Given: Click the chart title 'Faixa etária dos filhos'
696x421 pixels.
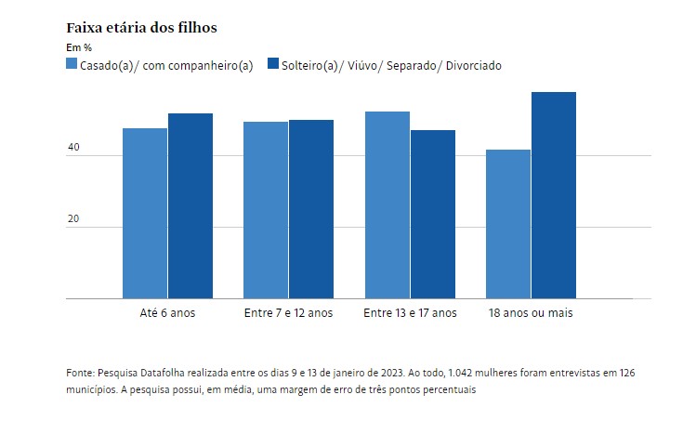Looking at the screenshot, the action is [x=141, y=28].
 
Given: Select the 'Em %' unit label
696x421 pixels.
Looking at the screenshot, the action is [x=79, y=47].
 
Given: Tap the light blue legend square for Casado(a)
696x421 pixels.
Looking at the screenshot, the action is [x=72, y=63].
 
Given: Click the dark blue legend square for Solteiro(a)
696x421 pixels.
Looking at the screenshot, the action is [x=273, y=63].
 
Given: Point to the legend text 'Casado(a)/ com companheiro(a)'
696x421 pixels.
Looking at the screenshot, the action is [x=166, y=66].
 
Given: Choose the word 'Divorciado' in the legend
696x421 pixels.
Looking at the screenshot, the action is [x=474, y=66].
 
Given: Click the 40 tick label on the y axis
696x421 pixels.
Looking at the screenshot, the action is [x=73, y=147].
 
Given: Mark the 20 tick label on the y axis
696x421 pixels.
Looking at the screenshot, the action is [x=73, y=218].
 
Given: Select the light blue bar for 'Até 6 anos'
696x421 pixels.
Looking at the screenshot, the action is [x=145, y=214].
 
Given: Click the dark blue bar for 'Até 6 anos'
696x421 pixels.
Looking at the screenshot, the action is [x=190, y=206].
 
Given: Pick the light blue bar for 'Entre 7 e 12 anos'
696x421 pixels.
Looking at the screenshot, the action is [x=266, y=210].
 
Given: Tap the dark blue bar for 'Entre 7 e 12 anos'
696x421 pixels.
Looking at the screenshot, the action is [x=311, y=209].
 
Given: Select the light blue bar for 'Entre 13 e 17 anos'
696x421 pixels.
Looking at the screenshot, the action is [x=387, y=205].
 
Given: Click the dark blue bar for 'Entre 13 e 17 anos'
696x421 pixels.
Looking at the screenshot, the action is [x=433, y=215].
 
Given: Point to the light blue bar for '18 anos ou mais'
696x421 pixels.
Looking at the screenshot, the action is [x=508, y=224].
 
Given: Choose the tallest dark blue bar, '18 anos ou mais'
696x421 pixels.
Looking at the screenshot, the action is [x=554, y=195].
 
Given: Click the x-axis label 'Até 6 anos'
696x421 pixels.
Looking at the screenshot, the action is [x=167, y=313].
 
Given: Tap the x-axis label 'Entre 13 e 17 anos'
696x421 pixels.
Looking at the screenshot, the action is [x=410, y=313].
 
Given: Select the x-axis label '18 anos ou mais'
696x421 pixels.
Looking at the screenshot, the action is [x=531, y=313].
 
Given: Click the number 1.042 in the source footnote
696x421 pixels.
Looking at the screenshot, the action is [x=460, y=373].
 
